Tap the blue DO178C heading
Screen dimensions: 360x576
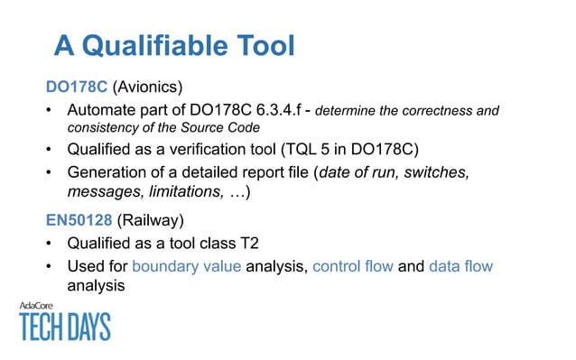pyautogui.click(x=77, y=88)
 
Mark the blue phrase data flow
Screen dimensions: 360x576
pyautogui.click(x=460, y=266)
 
